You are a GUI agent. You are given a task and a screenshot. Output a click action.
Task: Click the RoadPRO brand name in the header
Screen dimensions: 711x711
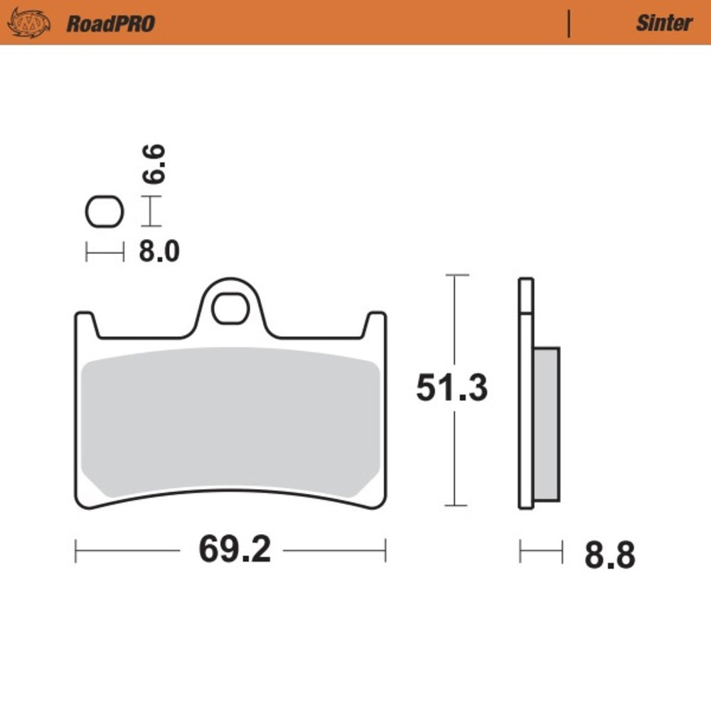pos(110,23)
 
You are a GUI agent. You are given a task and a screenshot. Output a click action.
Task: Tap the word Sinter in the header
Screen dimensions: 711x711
pos(663,23)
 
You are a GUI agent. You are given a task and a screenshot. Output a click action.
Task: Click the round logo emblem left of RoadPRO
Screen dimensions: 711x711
pos(29,23)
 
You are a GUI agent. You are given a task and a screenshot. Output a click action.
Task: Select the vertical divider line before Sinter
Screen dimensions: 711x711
pos(568,23)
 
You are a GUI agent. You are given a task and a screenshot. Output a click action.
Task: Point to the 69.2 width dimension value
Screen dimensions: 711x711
pos(234,549)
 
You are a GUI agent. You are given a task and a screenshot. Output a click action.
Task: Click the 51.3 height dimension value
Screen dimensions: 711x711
pos(451,388)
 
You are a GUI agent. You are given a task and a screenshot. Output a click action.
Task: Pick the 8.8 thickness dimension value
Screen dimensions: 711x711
pos(609,555)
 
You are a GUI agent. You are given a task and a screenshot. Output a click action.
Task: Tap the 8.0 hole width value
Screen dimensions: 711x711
pos(159,252)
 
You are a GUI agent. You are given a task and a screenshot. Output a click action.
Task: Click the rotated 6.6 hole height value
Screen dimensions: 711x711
pos(154,164)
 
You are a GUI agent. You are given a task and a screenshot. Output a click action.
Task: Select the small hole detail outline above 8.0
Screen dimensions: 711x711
pos(105,212)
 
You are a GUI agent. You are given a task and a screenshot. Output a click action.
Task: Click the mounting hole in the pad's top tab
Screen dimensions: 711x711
pos(230,308)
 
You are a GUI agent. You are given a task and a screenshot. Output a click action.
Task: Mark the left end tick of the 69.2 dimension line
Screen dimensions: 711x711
pos(76,550)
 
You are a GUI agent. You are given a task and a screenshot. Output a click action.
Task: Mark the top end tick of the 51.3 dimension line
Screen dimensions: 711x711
pos(455,274)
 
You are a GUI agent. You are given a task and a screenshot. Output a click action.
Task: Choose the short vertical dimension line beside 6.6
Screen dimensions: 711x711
pos(150,211)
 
